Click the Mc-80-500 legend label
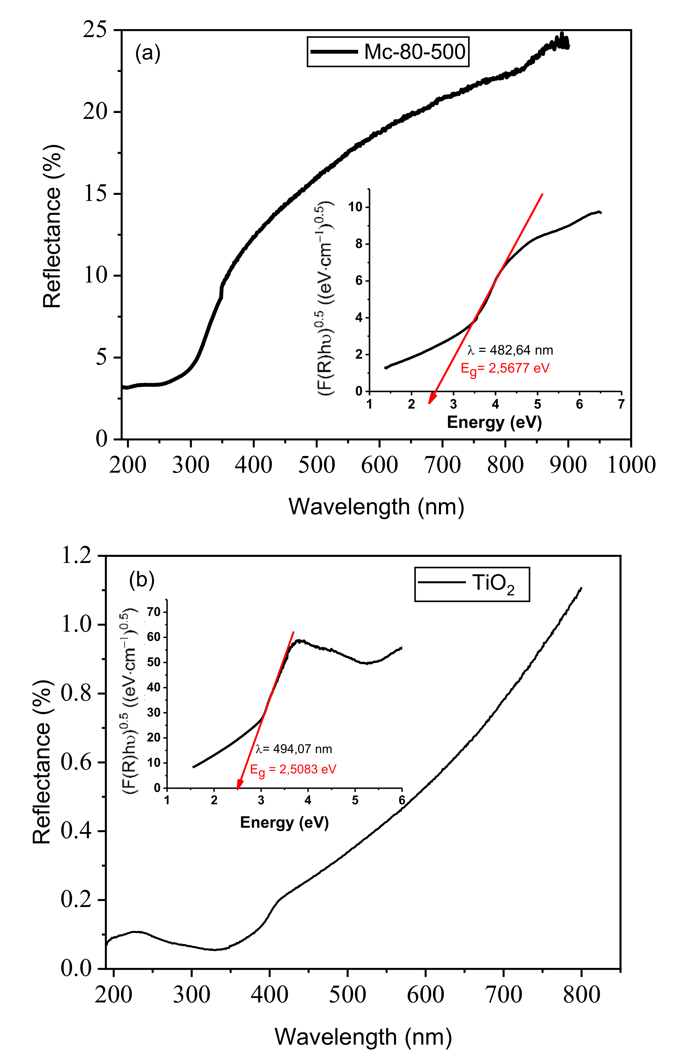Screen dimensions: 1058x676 (414, 52)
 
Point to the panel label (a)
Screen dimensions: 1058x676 (148, 54)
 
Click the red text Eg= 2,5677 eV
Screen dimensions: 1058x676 (505, 368)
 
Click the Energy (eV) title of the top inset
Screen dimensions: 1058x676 (494, 422)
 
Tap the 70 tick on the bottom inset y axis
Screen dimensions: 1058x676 (154, 612)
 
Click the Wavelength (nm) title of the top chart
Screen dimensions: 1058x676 (376, 507)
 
